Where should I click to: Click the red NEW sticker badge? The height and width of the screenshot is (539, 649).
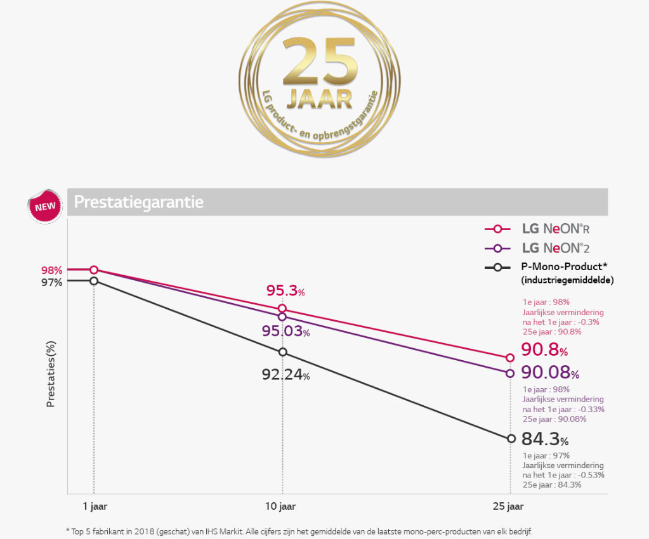point(45,206)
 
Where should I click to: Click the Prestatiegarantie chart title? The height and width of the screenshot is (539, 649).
point(138,202)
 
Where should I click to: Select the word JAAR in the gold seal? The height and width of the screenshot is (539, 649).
point(319,99)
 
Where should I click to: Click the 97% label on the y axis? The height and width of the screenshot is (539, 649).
point(52,283)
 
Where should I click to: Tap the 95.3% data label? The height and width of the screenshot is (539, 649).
point(285,291)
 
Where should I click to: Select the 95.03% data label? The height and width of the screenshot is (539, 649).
point(285,332)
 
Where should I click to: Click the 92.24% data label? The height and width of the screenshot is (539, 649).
point(285,375)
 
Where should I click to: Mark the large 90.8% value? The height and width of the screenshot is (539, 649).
point(544,349)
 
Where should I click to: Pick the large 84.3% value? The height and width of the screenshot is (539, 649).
point(544,439)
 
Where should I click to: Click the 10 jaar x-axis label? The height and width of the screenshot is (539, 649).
point(282,506)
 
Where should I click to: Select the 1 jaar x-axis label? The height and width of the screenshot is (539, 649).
point(94,506)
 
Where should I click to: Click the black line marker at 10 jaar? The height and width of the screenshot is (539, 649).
point(282,352)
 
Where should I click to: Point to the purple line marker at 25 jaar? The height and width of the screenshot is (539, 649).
point(510,373)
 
